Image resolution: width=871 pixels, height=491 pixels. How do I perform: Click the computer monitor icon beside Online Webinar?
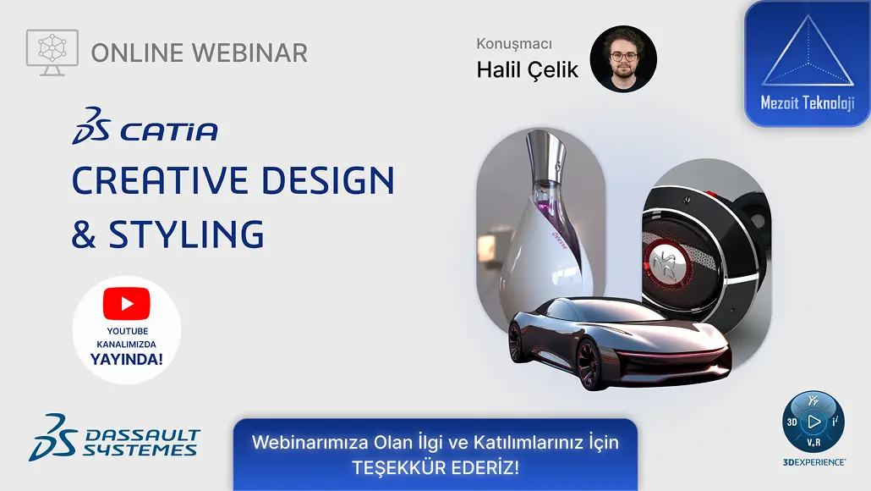(x=52, y=52)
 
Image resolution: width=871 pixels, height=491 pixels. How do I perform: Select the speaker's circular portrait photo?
(x=623, y=59)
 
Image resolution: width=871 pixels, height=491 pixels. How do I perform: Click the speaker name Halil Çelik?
(x=527, y=70)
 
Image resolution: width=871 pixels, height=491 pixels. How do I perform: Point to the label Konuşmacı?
(x=514, y=44)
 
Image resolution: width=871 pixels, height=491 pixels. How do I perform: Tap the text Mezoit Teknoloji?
(x=807, y=103)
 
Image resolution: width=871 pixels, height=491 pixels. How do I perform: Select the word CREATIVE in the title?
(x=160, y=180)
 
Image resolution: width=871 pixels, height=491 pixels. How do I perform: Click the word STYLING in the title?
(x=186, y=234)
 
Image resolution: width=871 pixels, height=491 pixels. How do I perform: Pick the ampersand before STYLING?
(x=84, y=234)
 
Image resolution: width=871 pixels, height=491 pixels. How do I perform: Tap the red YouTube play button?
(x=127, y=304)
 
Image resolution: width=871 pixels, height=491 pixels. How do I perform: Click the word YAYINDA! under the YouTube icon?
(x=127, y=359)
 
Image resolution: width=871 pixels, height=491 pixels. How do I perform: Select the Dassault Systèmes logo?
(x=114, y=438)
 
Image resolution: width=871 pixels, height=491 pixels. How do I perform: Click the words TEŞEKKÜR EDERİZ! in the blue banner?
(x=435, y=467)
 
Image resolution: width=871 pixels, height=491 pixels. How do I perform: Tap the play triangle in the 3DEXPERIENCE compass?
(x=814, y=422)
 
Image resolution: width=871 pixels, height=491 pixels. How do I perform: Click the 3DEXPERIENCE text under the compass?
(x=814, y=462)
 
